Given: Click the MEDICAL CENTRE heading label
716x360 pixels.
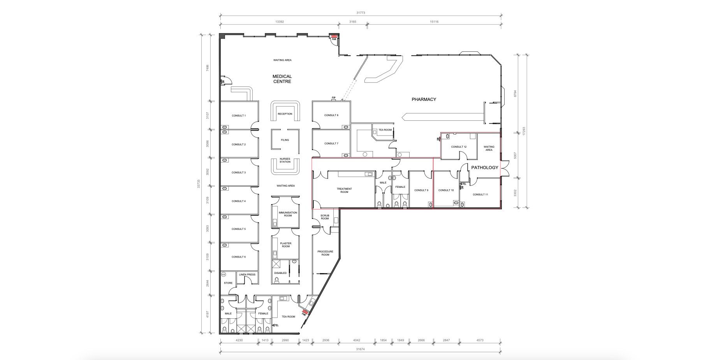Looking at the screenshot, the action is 282,79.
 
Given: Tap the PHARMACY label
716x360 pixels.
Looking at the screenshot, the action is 424,99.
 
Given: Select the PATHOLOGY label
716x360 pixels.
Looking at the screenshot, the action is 485,168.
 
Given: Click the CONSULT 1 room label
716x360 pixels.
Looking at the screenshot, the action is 239,116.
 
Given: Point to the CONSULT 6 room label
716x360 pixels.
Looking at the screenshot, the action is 239,257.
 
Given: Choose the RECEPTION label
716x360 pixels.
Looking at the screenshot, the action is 285,114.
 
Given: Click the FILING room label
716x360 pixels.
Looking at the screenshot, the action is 285,140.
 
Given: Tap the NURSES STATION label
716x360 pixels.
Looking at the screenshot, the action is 285,160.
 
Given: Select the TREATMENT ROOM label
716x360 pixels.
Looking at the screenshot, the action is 344,191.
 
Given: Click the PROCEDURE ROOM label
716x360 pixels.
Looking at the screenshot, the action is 325,253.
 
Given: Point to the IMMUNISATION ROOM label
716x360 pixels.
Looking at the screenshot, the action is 288,214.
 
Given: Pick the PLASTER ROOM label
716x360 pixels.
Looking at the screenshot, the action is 286,245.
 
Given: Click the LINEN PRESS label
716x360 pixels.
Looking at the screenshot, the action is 247,275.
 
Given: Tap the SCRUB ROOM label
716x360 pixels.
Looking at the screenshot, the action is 325,217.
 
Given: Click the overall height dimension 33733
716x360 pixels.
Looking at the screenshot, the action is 199,184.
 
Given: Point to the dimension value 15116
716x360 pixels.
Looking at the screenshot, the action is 434,22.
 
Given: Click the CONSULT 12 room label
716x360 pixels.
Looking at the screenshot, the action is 459,147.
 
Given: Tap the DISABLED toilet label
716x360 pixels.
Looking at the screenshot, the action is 280,273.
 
